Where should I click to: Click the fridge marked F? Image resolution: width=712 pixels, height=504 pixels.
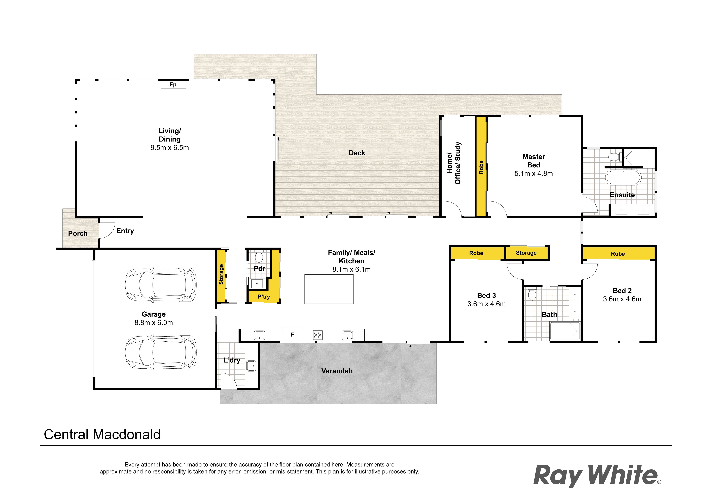(292, 335)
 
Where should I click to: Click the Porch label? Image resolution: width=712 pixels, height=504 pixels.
(78, 233)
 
